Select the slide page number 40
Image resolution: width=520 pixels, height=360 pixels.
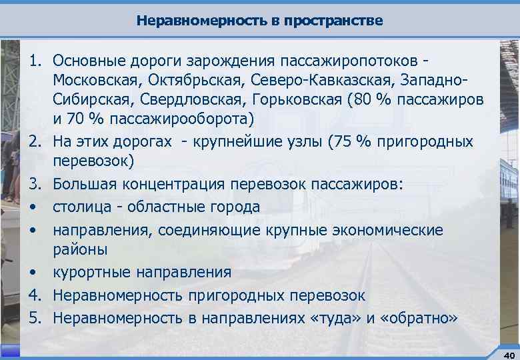pyautogui.click(x=508, y=353)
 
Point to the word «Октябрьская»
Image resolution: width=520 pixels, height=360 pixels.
pyautogui.click(x=197, y=81)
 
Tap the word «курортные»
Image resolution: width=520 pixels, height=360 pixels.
pyautogui.click(x=92, y=273)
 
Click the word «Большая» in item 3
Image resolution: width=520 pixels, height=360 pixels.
pyautogui.click(x=81, y=185)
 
